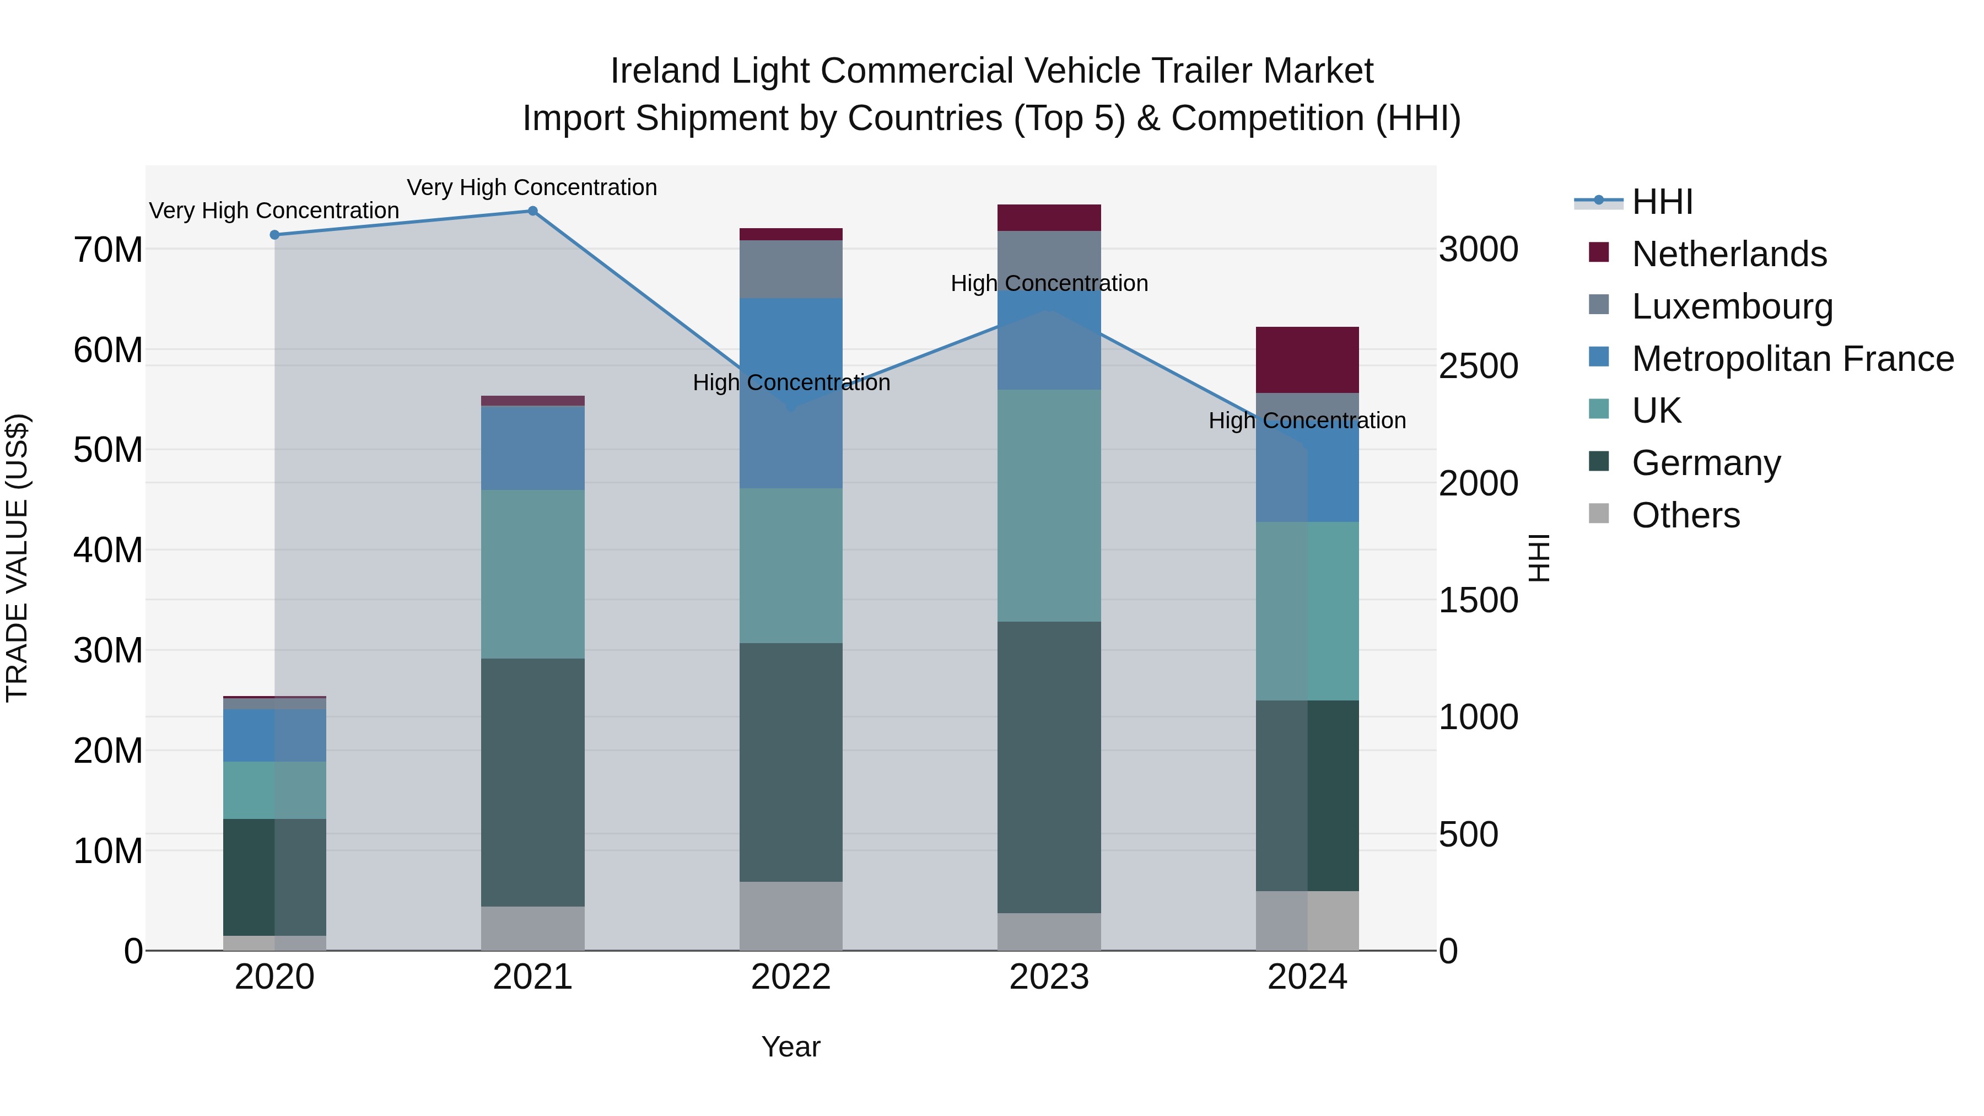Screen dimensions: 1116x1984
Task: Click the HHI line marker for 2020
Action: point(274,235)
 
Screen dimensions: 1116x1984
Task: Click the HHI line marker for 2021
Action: point(532,211)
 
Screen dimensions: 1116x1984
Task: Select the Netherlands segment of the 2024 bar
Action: point(1307,360)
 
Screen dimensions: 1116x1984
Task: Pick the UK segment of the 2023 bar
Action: point(1048,505)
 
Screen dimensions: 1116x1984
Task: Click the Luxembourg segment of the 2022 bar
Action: point(790,269)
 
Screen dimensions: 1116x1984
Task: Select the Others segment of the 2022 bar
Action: point(790,916)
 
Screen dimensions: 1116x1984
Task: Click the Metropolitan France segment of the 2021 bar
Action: point(532,448)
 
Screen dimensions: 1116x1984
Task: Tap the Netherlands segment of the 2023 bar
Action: point(1048,218)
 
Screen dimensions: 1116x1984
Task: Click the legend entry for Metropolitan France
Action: point(1792,359)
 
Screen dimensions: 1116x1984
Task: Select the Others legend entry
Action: point(1685,515)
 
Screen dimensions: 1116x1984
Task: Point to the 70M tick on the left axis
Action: point(108,250)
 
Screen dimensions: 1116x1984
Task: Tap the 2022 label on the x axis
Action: point(790,977)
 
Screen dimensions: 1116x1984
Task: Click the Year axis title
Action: point(790,1047)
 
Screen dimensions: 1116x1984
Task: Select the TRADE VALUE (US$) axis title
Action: point(17,558)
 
